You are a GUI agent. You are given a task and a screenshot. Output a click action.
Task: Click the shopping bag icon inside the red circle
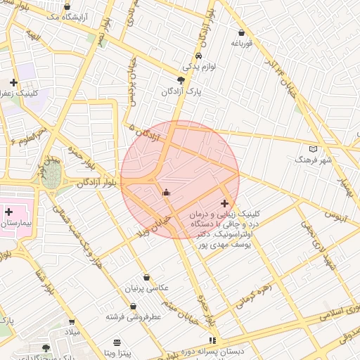point(167,193)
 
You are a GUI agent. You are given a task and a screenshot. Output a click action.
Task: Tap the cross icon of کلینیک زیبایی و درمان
point(224,203)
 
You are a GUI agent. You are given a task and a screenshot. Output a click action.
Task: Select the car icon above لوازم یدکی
point(200,56)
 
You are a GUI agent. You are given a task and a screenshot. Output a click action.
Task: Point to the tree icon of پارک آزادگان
point(181,81)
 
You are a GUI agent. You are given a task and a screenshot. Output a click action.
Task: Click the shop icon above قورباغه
point(242,32)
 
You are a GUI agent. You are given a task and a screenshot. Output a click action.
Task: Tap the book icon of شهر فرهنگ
point(313,148)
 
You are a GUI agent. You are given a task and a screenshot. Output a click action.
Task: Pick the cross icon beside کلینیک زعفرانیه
point(13,82)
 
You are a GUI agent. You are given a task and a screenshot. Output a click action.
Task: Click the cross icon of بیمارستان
point(8,212)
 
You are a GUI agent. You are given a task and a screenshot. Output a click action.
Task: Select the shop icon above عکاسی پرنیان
point(146,278)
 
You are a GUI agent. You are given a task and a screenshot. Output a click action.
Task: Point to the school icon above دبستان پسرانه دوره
point(213,340)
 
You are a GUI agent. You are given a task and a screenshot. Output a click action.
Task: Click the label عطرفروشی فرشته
point(134,316)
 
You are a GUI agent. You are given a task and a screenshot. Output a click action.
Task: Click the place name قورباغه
point(242,44)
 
